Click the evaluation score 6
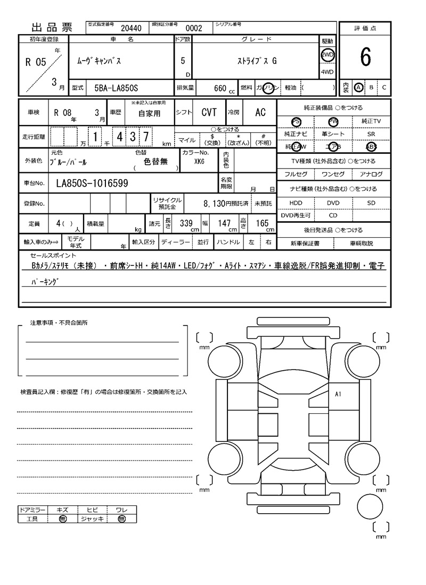(x=365, y=57)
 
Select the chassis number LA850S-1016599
(x=92, y=183)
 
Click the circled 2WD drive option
(x=327, y=55)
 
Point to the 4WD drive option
(x=327, y=72)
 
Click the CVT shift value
(x=209, y=112)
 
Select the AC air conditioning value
(x=260, y=112)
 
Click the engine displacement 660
(x=220, y=88)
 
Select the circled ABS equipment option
(x=370, y=147)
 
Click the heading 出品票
(x=52, y=28)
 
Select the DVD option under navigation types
(x=333, y=203)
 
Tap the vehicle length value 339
(x=186, y=224)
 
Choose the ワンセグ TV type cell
(x=333, y=174)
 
